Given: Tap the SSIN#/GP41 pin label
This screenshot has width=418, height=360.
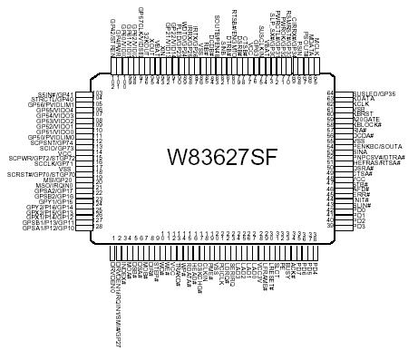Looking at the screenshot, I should pyautogui.click(x=55, y=94).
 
